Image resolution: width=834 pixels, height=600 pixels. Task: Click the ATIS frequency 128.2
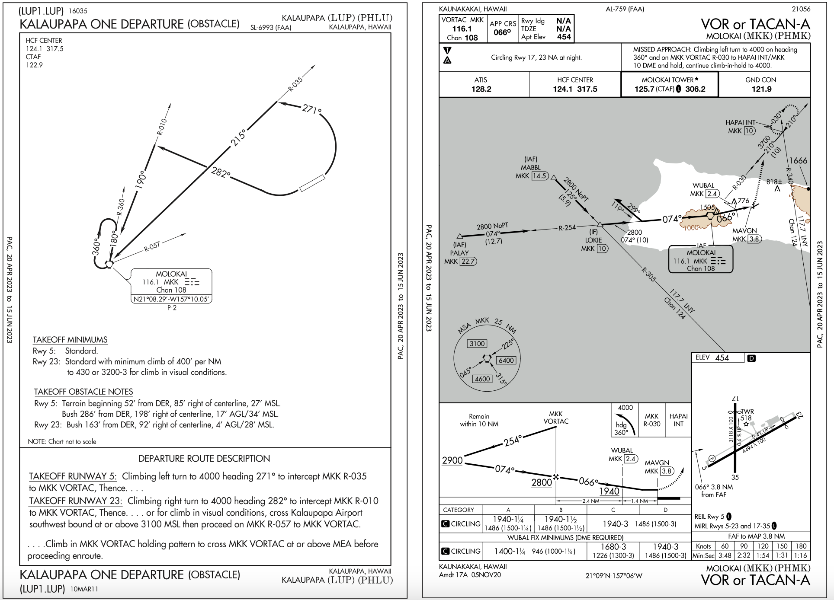click(481, 89)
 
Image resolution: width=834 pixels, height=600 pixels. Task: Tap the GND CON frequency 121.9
click(761, 89)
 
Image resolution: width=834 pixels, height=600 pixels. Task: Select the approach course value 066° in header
click(502, 32)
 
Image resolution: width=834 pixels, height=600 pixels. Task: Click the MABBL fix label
click(530, 168)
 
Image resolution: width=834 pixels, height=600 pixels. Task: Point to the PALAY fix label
click(459, 253)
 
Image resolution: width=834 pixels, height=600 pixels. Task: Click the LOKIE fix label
click(593, 240)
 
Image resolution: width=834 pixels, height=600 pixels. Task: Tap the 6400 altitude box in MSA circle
click(506, 361)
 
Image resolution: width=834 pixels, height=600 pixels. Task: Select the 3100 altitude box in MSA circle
click(477, 344)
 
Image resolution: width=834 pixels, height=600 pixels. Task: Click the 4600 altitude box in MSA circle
click(482, 379)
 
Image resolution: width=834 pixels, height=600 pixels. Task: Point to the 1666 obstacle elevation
click(798, 161)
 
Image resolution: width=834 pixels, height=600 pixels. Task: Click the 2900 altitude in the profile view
click(452, 460)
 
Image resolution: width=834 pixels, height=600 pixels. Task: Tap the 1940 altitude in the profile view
click(609, 491)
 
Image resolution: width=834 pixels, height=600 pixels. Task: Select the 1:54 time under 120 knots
click(763, 555)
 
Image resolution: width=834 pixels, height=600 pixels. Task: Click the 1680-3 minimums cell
click(613, 547)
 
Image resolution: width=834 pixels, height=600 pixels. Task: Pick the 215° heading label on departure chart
click(238, 137)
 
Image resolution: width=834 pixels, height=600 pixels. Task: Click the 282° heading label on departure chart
click(221, 172)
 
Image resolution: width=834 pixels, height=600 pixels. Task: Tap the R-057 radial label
click(152, 247)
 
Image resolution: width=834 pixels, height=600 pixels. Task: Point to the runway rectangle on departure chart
click(312, 183)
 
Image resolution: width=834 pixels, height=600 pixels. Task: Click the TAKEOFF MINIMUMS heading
click(70, 340)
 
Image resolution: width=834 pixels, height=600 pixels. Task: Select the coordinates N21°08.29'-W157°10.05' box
click(172, 299)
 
